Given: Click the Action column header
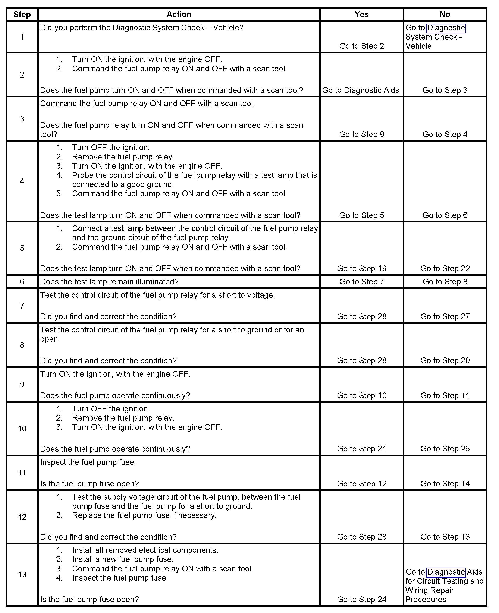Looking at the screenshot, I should point(179,14).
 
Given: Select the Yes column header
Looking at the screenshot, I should point(361,14).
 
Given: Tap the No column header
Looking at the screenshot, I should point(445,14).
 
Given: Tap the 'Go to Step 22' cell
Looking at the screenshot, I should point(445,269).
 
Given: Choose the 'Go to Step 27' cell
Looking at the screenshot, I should point(445,317).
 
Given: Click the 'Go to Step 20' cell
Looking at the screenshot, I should point(445,360).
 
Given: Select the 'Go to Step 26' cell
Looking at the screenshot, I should point(445,449).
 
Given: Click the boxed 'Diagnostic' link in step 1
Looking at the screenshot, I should point(446,28).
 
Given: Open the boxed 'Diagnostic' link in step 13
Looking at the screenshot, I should point(446,572).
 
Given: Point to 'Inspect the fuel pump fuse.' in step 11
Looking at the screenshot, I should point(88,462).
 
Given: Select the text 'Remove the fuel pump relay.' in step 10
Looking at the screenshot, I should point(123,418).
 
